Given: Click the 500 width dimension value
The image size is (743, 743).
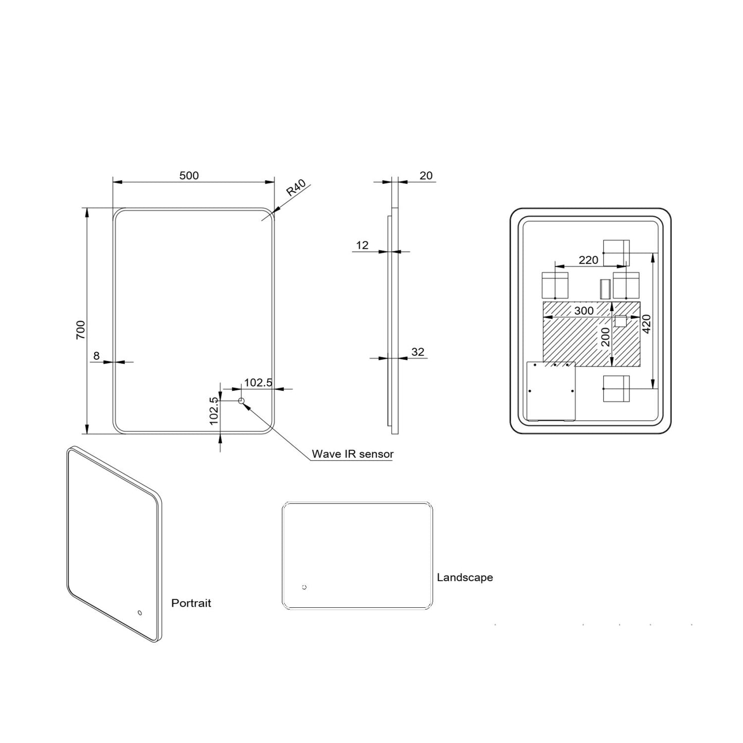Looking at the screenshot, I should click(189, 175).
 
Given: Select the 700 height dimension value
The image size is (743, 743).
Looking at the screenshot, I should click(81, 329).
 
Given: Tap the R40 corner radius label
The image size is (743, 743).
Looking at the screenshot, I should click(297, 188).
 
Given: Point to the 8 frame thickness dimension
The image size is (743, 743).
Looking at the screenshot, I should click(96, 355).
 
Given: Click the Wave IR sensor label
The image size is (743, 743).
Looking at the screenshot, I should click(352, 454).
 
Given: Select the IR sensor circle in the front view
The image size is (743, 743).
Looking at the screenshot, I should click(241, 401).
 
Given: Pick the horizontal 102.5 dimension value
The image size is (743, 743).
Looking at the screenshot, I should click(258, 383).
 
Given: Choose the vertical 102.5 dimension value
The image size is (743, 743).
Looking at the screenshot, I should click(214, 410).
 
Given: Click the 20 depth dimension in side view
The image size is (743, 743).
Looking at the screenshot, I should click(426, 175).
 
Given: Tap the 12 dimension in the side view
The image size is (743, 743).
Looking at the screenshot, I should click(362, 245).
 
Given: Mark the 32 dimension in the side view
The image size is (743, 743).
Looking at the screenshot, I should click(418, 352).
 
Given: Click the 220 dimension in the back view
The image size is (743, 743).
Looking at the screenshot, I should click(588, 260).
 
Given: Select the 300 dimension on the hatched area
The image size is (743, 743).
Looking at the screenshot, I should click(584, 311).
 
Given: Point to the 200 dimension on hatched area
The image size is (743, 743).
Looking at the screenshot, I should click(605, 337).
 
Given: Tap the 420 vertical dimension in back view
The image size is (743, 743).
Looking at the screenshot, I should click(647, 323).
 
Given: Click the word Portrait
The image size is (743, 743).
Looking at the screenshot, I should click(191, 603).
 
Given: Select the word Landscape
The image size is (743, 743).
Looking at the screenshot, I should click(464, 577).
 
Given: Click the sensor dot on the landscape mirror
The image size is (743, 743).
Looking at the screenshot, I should click(304, 587).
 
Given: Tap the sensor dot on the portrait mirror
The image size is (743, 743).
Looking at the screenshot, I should click(139, 613).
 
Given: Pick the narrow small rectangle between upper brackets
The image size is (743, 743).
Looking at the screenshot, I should click(605, 289).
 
